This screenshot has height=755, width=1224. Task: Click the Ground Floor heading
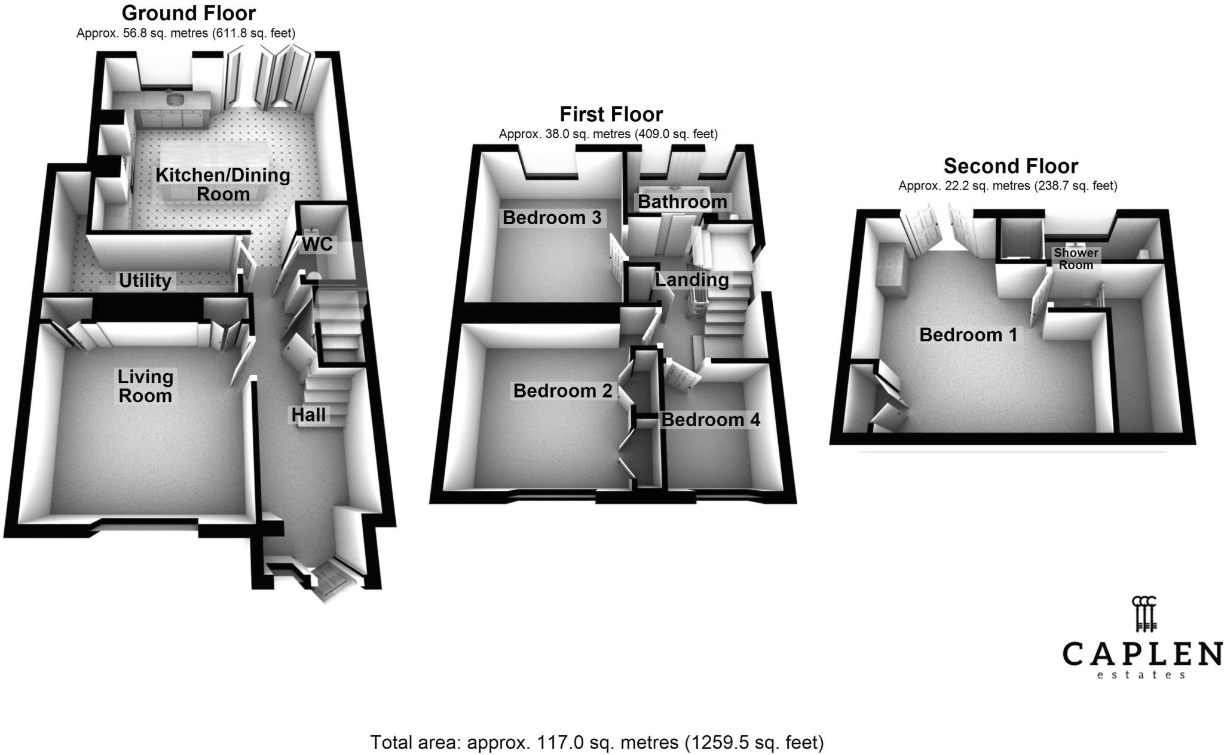pos(189,13)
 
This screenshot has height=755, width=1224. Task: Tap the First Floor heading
pos(611,114)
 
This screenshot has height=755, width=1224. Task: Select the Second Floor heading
pos(1011,166)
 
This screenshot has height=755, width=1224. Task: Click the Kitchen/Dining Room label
pos(223,185)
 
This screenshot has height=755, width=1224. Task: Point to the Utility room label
pos(145,281)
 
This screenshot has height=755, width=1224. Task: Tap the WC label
pos(317,244)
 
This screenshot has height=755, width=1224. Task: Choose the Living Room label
pos(145,386)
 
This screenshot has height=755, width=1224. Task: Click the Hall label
pos(308,415)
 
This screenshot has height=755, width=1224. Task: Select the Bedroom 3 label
pos(552,218)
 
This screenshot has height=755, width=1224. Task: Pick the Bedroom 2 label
pos(562,391)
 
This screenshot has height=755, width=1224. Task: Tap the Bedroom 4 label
pos(711,420)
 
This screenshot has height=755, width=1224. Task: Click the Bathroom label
pos(683,202)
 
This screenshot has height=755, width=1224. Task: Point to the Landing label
pos(692,280)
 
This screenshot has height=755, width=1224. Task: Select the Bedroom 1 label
pos(968,335)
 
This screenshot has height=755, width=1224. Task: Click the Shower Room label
pos(1076,259)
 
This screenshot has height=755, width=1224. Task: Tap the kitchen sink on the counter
pos(175,97)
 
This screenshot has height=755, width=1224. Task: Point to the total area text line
pos(597,742)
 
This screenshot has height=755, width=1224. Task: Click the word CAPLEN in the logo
pos(1142,654)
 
